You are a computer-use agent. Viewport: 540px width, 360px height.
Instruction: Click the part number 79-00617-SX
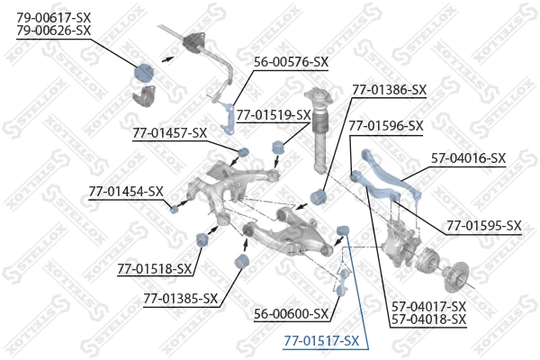(54, 16)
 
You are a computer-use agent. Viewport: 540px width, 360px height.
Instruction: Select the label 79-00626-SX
(54, 30)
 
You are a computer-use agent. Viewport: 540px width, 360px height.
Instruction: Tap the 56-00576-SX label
(291, 62)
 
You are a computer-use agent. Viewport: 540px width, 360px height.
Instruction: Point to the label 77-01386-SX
(389, 90)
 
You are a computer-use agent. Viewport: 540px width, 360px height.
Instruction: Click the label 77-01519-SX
(274, 114)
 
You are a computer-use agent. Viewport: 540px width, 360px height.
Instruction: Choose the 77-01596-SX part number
(385, 126)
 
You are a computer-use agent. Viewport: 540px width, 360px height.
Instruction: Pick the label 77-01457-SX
(169, 133)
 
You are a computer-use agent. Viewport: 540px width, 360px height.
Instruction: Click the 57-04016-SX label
(468, 158)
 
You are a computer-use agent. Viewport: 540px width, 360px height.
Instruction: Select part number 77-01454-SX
(126, 191)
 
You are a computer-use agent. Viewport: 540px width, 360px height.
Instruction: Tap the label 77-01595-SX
(483, 225)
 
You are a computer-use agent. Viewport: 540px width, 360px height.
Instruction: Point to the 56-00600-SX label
(291, 315)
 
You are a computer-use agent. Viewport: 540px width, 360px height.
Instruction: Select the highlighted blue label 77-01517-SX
(321, 341)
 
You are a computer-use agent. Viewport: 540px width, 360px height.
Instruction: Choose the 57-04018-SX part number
(428, 319)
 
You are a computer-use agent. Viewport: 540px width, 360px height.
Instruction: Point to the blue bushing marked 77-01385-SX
(240, 261)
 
